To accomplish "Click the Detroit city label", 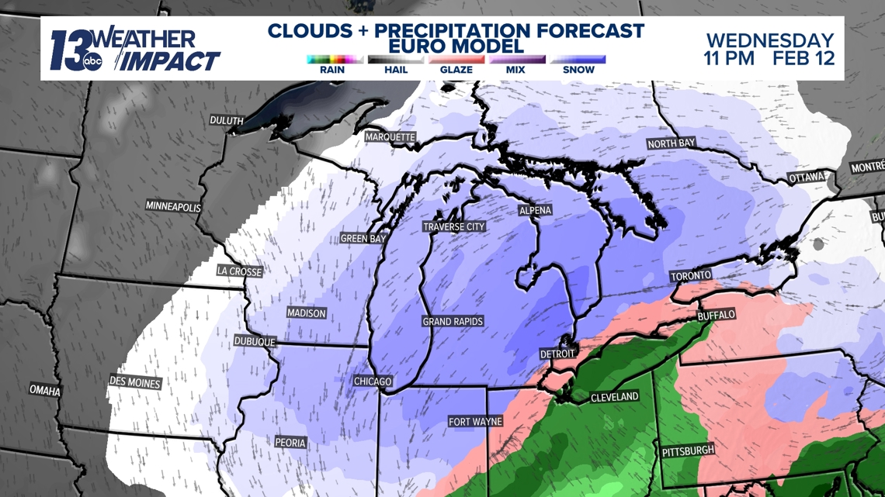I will [558, 354].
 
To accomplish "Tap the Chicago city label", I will [373, 381].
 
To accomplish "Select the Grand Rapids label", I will [453, 321].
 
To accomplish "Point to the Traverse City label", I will [454, 226].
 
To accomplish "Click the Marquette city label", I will [390, 137].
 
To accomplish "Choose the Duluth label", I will [227, 120].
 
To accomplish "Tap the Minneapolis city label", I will [173, 207].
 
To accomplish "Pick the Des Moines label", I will [135, 382].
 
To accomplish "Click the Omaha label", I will [45, 390].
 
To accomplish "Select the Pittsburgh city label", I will [688, 450].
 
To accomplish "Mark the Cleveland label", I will [615, 397].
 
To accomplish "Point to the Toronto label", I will [691, 276].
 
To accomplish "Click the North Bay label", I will [672, 143].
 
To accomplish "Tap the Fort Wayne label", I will [476, 422].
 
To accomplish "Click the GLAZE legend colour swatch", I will [456, 60].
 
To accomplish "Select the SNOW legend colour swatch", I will [578, 60].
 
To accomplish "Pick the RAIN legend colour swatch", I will [335, 60].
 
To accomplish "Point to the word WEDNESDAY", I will [770, 40].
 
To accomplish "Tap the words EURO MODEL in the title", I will [456, 47].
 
